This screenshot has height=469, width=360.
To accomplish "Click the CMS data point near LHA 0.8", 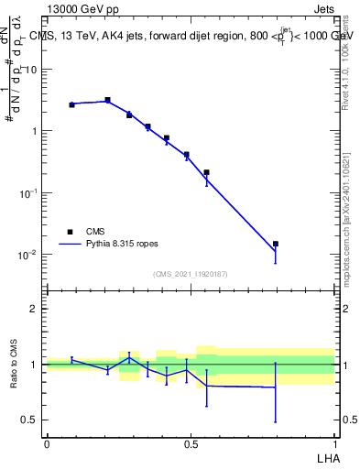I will pos(276,244).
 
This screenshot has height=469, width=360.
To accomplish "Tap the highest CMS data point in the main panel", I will pos(107,100).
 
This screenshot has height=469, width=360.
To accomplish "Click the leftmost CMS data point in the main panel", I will pos(71,104).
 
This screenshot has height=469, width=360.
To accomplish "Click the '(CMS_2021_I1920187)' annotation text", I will pos(191,273).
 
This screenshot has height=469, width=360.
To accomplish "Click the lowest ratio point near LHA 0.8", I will pos(276,387).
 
